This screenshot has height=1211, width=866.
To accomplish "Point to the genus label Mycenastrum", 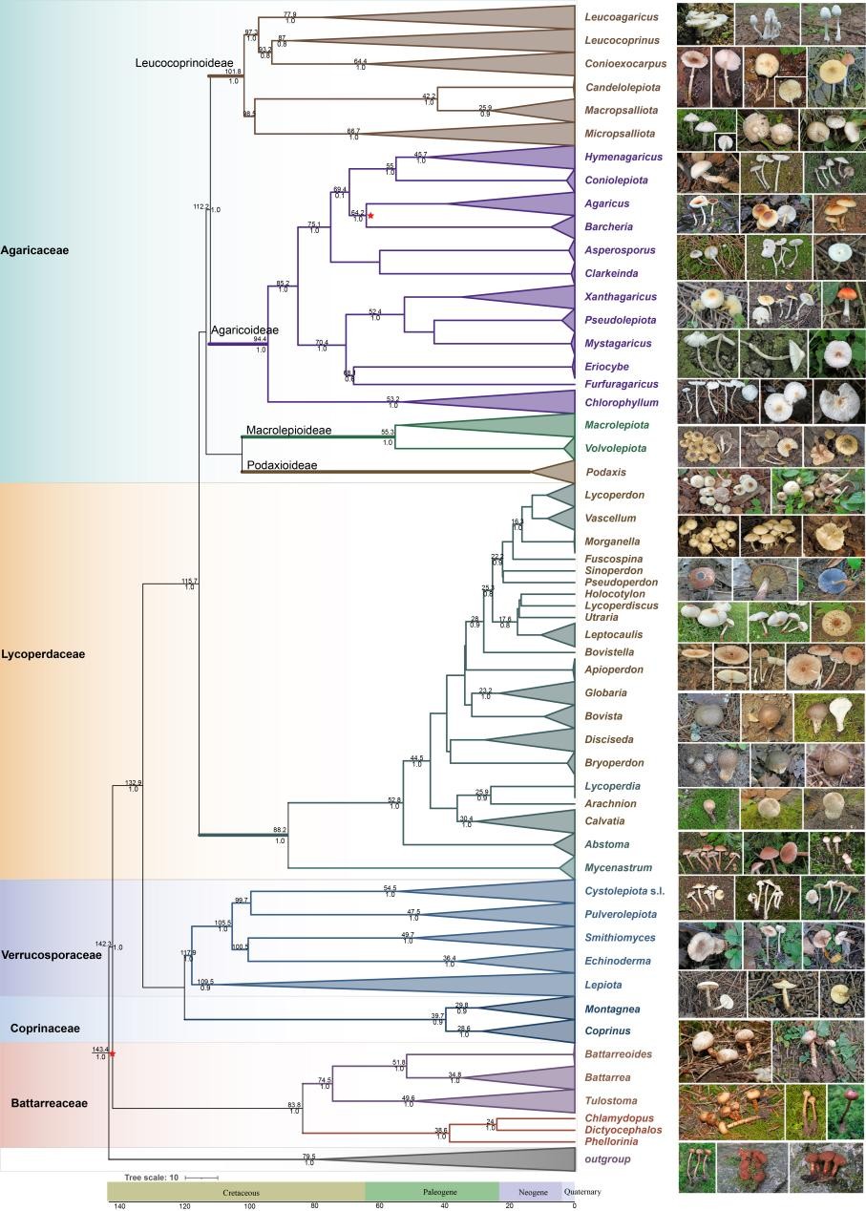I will coord(617,868).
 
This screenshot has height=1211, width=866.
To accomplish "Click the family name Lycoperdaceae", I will coord(43,654).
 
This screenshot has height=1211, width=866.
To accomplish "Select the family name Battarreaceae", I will coord(49,1103).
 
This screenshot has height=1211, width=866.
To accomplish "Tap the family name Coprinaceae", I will coord(45,1029).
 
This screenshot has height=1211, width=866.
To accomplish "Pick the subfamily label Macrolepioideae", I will coord(288,431).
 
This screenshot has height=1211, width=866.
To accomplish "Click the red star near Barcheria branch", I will coord(370,217).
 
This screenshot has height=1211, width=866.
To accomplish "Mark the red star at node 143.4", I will coord(113,1054).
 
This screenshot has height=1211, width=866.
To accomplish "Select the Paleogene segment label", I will coord(432,1193).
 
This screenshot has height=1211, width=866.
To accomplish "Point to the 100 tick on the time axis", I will coord(250,1206).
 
